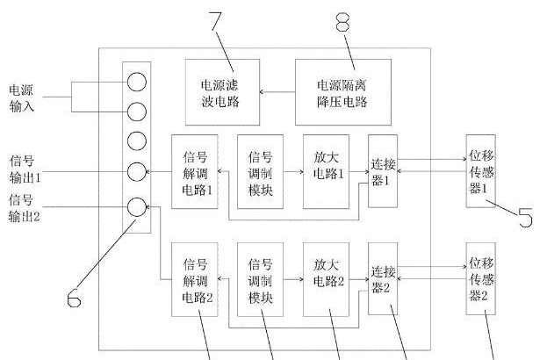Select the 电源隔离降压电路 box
pos(342,92)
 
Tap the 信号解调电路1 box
pos(194,172)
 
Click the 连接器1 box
pos(382,172)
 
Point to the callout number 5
pos(524,216)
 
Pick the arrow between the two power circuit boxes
pos(281,91)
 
